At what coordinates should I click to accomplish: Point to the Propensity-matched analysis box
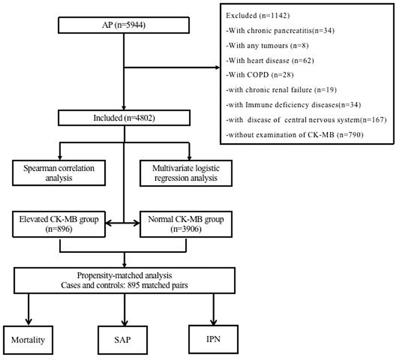[x=124, y=280]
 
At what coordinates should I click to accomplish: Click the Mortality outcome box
[x=28, y=339]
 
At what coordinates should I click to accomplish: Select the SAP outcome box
[x=124, y=339]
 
